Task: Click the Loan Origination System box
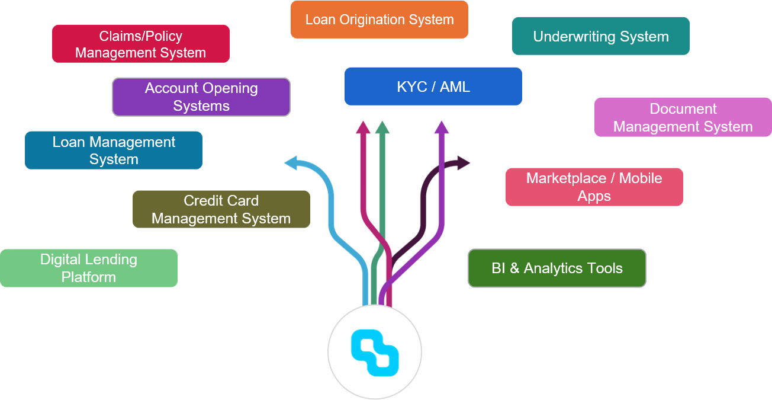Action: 379,20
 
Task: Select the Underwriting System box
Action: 600,36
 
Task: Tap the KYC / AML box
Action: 433,87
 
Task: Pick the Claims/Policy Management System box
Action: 140,44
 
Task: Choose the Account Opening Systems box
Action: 201,97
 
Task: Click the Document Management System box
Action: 683,117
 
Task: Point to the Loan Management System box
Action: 114,151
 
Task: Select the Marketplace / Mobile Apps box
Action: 594,187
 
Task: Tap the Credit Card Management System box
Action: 221,209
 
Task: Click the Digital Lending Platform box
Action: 88,268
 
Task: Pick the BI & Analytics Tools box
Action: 557,268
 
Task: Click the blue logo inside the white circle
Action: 375,353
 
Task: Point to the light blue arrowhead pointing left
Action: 291,162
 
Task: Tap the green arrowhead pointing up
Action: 382,127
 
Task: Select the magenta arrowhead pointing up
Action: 363,127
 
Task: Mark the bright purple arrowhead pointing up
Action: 441,127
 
